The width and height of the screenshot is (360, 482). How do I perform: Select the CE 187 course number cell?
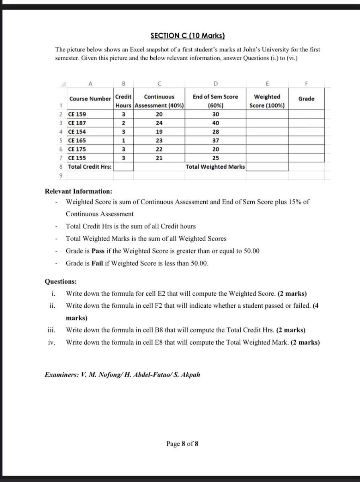(x=77, y=123)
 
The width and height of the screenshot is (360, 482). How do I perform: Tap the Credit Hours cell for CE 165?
(x=124, y=141)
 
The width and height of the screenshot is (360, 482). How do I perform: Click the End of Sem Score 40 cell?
(x=215, y=123)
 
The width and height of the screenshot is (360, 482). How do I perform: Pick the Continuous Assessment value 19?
(x=159, y=132)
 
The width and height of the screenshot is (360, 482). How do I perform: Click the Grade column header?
(x=306, y=99)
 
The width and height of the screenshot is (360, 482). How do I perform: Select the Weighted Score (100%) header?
(x=267, y=101)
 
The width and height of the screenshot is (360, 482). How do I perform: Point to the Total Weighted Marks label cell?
(x=215, y=167)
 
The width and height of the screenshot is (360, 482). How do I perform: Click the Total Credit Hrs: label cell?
(x=90, y=167)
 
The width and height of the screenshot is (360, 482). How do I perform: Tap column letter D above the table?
(x=215, y=84)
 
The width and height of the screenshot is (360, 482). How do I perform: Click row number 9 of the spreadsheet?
(x=60, y=176)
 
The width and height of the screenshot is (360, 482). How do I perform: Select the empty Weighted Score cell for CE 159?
(x=267, y=114)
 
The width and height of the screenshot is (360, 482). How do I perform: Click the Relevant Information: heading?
(x=78, y=191)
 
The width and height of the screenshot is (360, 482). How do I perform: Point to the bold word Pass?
(x=98, y=251)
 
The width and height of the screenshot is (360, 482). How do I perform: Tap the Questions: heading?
(x=60, y=282)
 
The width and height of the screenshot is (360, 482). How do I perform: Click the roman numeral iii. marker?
(x=51, y=330)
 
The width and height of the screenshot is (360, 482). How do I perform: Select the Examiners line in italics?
(x=122, y=375)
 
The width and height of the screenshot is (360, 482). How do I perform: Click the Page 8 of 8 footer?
(x=182, y=444)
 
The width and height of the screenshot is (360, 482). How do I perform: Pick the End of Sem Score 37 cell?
(x=215, y=141)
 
